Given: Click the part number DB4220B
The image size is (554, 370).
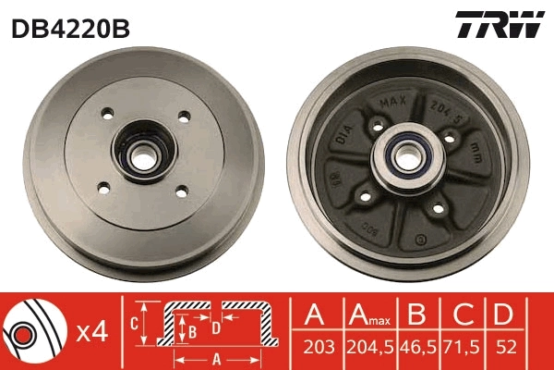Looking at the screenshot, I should click(x=70, y=27).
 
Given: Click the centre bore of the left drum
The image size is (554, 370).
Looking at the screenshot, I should click(x=142, y=154).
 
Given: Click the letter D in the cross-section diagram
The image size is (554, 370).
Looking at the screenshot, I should click(x=215, y=327).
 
